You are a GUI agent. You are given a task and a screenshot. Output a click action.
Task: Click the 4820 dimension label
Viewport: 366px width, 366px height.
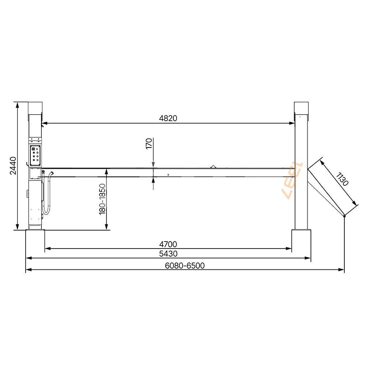168,118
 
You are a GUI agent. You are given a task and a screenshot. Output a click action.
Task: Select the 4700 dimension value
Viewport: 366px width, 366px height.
168,244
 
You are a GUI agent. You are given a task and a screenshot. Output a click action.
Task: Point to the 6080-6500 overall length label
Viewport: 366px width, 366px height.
185,266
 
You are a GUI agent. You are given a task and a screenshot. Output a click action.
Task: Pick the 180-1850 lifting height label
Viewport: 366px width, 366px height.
102,199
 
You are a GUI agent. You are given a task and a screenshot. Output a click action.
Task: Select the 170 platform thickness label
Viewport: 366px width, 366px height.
149,143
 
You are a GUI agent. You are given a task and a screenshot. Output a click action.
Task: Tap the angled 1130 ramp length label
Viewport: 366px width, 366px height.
342,179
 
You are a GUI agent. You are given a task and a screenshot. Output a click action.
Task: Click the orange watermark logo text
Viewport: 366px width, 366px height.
292,180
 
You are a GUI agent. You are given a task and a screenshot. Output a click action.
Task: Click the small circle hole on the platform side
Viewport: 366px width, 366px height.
168,175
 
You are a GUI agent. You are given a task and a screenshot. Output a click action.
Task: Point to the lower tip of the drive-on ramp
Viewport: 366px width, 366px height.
344,216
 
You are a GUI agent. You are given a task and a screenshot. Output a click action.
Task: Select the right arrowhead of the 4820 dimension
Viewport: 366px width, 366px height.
292,123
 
